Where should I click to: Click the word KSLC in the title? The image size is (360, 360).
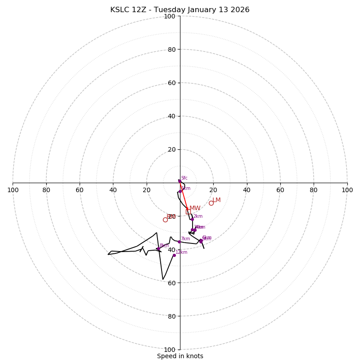point(120,10)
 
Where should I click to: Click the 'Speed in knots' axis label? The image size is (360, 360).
point(180,356)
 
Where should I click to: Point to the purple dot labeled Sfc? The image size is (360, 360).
point(180,181)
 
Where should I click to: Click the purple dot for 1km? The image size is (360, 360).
point(180,191)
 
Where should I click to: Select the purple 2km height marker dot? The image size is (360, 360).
point(192,220)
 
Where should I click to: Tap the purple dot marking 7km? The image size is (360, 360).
point(179,242)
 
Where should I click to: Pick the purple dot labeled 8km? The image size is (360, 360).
point(158,249)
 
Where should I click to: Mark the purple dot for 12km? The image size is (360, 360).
point(174,255)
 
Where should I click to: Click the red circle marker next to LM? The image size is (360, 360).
point(211,203)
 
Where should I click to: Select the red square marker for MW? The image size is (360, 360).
point(188,211)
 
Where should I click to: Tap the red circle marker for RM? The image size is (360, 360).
point(165,220)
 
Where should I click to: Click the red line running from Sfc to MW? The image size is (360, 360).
point(184,196)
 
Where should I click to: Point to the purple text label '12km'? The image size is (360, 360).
point(181,252)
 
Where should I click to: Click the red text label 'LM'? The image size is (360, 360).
point(216,200)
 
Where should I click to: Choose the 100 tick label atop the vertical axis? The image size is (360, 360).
point(170,17)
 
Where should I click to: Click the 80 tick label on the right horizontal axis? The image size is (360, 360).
point(314,190)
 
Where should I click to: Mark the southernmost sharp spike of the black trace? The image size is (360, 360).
point(163,279)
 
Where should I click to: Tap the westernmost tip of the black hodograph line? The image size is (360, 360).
point(108,254)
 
